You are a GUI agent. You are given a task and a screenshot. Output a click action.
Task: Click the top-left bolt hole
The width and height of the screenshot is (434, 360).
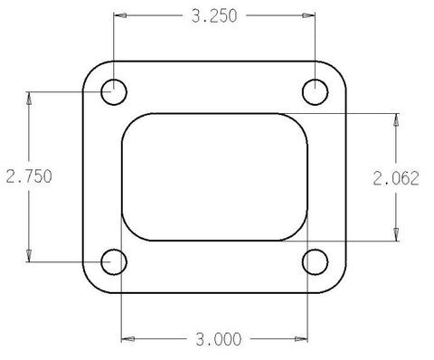pos(115,90)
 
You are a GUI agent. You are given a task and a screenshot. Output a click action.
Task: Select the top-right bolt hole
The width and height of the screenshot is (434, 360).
pos(314,90)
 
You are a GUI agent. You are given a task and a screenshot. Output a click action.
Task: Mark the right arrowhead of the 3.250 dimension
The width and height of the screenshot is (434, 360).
pos(307,17)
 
